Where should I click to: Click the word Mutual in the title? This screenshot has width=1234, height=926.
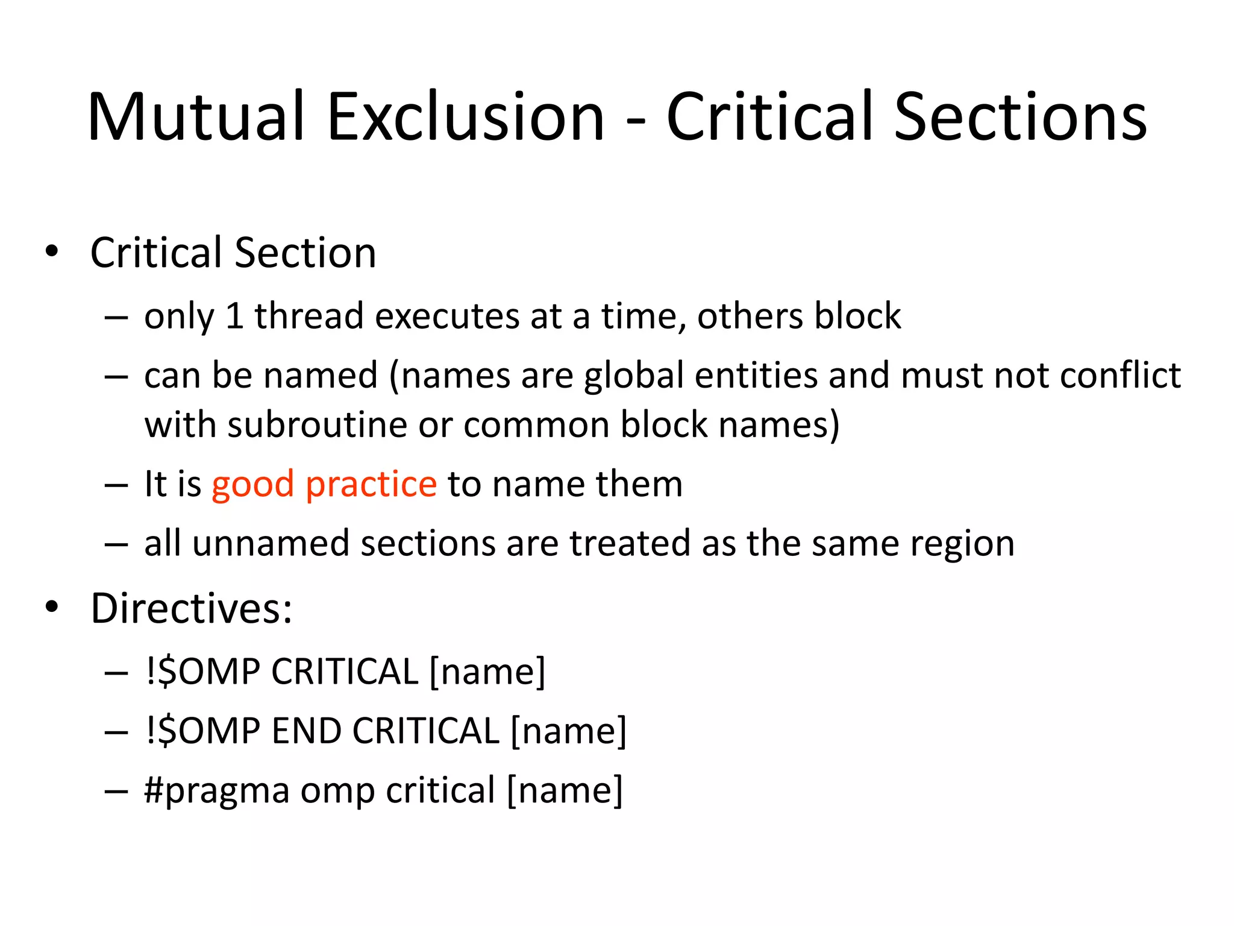pyautogui.click(x=195, y=117)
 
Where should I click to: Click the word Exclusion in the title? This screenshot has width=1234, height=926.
pyautogui.click(x=465, y=117)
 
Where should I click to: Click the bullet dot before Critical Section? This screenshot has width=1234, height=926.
pyautogui.click(x=52, y=251)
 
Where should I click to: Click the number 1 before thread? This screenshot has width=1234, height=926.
pyautogui.click(x=234, y=316)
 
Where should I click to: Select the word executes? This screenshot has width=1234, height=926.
pyautogui.click(x=446, y=316)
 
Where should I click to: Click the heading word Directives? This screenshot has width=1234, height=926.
pyautogui.click(x=191, y=608)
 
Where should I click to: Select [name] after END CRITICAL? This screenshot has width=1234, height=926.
pyautogui.click(x=568, y=731)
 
